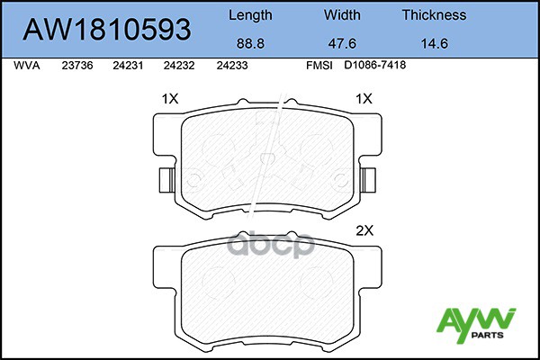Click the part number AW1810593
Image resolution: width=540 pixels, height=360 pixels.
[x=107, y=29]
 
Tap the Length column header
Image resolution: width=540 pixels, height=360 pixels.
[x=250, y=15]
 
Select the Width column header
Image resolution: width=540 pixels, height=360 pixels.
[x=342, y=15]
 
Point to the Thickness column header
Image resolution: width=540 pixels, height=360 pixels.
[x=434, y=15]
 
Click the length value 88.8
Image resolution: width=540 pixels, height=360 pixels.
[x=250, y=44]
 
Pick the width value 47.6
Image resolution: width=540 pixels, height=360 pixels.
[x=342, y=44]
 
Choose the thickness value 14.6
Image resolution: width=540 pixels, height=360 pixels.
[x=435, y=44]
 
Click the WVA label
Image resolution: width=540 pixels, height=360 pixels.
[x=27, y=66]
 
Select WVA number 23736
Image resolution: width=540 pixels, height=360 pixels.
[x=77, y=66]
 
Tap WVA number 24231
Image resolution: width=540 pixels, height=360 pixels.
[x=128, y=66]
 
